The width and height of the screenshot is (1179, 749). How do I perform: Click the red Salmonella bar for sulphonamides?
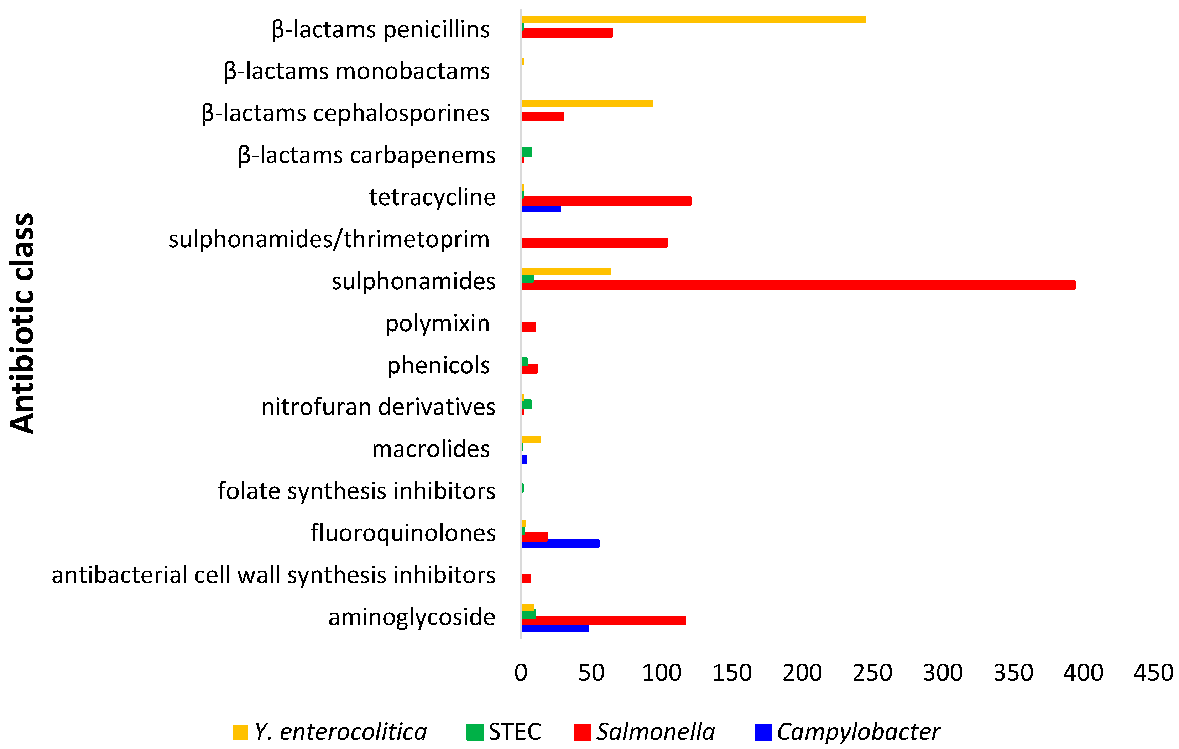tap(798, 285)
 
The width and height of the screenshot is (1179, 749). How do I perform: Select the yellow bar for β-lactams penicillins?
tap(693, 20)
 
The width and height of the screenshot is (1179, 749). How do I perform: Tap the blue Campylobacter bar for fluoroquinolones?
tap(560, 544)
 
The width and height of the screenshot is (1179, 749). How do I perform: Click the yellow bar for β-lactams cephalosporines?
tap(588, 103)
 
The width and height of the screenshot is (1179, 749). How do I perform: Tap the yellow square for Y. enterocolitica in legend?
tap(240, 732)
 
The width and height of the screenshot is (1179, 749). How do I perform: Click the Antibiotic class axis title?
tap(22, 323)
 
